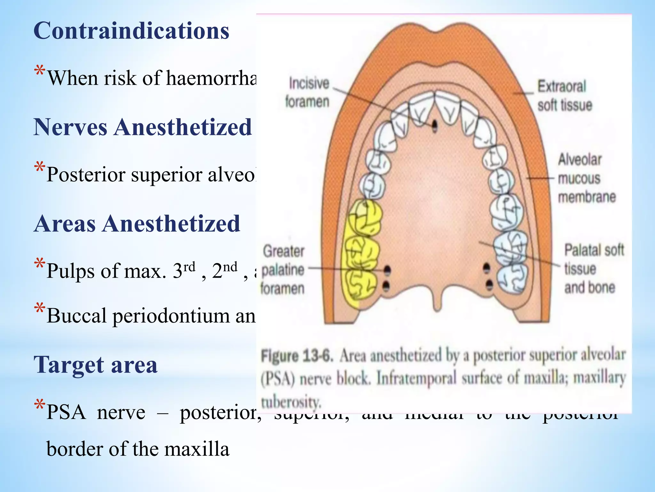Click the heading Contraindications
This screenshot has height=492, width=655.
[x=131, y=31]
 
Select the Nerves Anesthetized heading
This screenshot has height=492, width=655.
[x=143, y=127]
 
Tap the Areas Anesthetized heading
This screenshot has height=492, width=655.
[x=137, y=224]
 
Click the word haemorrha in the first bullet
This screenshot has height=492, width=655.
[x=211, y=78]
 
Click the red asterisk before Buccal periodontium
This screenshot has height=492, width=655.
[x=40, y=309]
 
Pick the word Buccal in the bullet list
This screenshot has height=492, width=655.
[x=76, y=316]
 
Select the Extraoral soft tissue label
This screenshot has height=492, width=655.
[x=564, y=95]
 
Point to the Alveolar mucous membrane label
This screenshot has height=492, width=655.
[x=586, y=178]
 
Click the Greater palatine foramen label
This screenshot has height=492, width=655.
[x=283, y=270]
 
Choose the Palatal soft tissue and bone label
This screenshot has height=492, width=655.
[x=593, y=268]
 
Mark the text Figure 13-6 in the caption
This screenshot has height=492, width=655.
[x=297, y=356]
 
